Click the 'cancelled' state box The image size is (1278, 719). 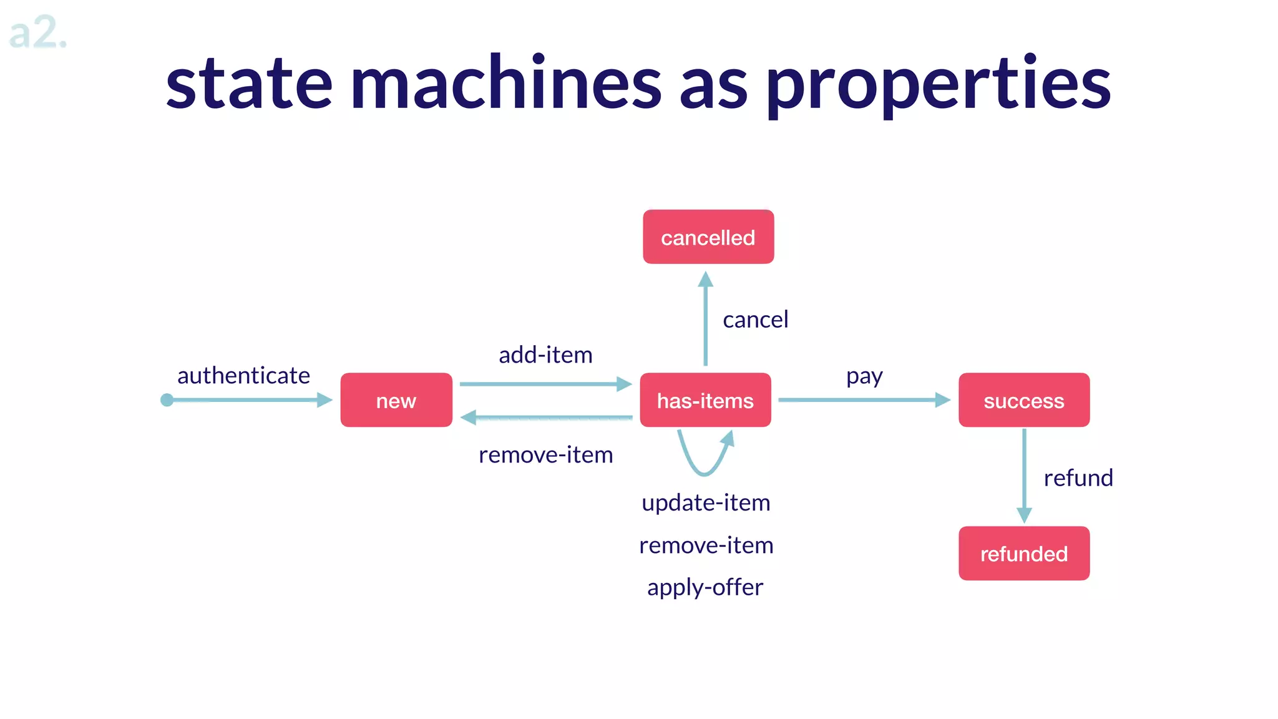pyautogui.click(x=708, y=237)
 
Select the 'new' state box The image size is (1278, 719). pyautogui.click(x=396, y=400)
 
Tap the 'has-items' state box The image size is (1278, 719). pyautogui.click(x=705, y=400)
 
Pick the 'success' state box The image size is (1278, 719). pyautogui.click(x=1024, y=400)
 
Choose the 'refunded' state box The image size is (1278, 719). pyautogui.click(x=1024, y=554)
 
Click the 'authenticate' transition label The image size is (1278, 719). pyautogui.click(x=243, y=376)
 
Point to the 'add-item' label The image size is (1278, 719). pyautogui.click(x=545, y=355)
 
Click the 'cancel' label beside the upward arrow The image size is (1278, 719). pyautogui.click(x=755, y=320)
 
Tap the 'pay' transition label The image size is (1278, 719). pyautogui.click(x=864, y=376)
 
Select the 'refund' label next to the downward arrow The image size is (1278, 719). pyautogui.click(x=1078, y=478)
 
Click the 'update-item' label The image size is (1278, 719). pyautogui.click(x=706, y=503)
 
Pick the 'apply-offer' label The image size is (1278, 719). pyautogui.click(x=705, y=587)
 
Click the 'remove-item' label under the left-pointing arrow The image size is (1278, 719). pyautogui.click(x=545, y=455)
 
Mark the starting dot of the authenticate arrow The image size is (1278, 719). pyautogui.click(x=167, y=400)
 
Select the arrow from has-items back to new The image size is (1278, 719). pyautogui.click(x=546, y=418)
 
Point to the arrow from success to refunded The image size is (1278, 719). pyautogui.click(x=1024, y=474)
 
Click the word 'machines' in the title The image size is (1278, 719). pyautogui.click(x=505, y=84)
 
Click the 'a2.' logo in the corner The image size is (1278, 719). pyautogui.click(x=37, y=33)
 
